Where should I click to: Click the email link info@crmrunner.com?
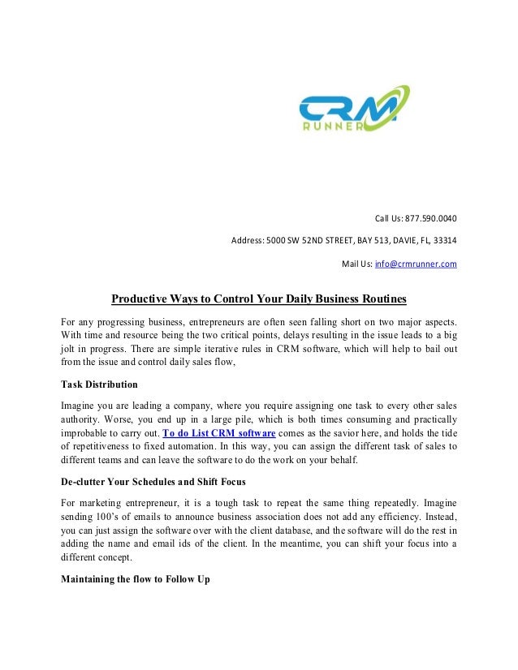pyautogui.click(x=415, y=264)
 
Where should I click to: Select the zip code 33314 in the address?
pyautogui.click(x=443, y=241)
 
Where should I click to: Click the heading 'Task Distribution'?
pyautogui.click(x=100, y=384)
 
